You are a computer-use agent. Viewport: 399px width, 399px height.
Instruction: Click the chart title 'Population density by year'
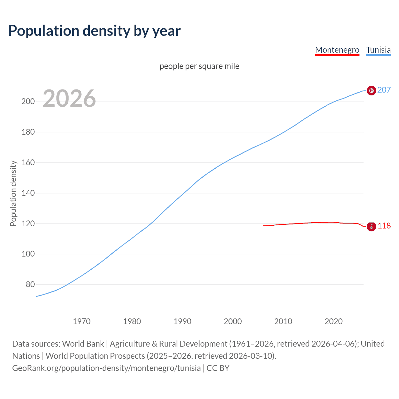coord(94,31)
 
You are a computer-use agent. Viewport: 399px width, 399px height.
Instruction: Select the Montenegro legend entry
coord(337,50)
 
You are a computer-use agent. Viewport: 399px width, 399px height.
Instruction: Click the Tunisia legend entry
coord(378,50)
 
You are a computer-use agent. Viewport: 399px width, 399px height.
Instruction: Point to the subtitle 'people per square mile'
coord(199,66)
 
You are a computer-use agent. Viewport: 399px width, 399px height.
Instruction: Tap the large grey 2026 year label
coord(69,99)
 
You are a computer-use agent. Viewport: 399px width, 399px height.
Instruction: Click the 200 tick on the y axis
coord(28,102)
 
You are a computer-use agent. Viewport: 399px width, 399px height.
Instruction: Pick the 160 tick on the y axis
coord(28,163)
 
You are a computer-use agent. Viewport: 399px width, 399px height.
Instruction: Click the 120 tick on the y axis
coord(28,224)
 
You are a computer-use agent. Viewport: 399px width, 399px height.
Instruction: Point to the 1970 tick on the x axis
coord(82,321)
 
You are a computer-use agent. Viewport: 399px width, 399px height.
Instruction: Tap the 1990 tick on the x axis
coord(182,321)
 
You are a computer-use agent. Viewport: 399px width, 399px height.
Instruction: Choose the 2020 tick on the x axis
coord(334,321)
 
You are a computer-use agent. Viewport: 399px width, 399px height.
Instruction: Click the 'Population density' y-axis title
coord(13,193)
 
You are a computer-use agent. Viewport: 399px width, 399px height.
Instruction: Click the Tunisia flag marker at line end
coord(371,90)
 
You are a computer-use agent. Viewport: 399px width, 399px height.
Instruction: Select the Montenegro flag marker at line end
coord(371,226)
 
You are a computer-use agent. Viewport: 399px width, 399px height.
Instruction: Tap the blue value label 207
coord(384,90)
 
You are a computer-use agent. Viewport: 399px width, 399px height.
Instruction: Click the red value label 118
coord(384,226)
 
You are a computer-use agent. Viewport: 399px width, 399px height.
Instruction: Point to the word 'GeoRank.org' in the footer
coord(36,368)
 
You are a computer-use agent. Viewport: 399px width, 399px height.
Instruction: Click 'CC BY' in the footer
coord(218,368)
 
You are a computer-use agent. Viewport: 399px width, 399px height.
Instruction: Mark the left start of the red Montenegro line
coord(263,226)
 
